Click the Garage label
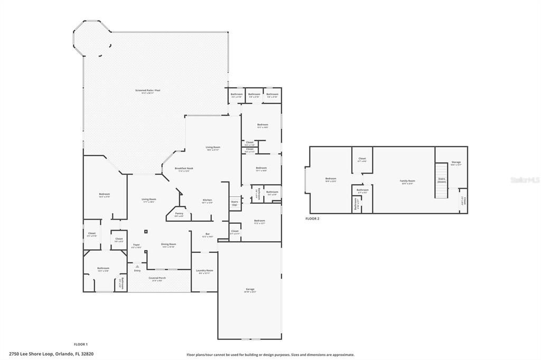coord(250,290)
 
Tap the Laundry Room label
coord(204,270)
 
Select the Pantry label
coord(179,213)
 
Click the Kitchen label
coord(208,200)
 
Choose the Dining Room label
coord(169,244)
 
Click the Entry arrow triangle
coord(137,266)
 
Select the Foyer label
coord(136,244)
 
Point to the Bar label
coord(208,234)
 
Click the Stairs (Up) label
coord(235,203)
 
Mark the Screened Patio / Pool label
coord(147,90)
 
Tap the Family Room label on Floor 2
coord(407,181)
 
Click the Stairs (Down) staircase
coord(442,180)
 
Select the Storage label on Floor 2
coord(456,163)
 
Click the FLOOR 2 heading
coord(312,218)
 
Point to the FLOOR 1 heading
coord(81,344)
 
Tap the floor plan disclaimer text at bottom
coord(270,355)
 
